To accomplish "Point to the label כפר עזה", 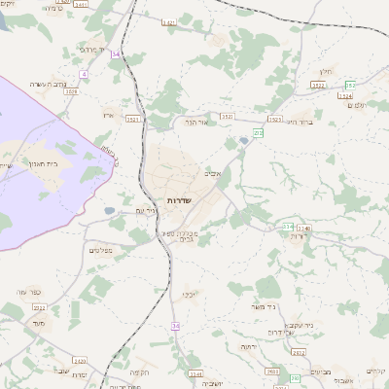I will (x=27, y=291).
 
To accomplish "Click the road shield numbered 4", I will (x=85, y=74).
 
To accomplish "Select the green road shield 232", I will (x=259, y=131).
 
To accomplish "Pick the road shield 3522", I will (x=318, y=86).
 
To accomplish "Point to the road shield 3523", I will (x=275, y=120).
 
